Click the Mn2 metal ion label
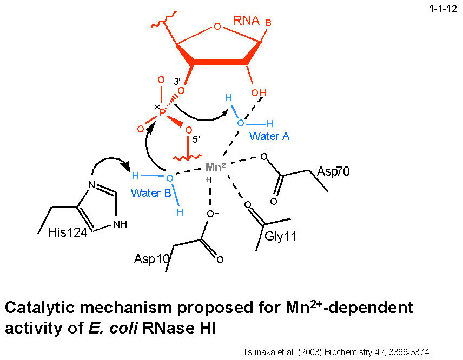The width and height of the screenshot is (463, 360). pos(215,168)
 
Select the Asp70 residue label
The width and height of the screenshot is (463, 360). pos(333,172)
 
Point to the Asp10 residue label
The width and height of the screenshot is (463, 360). pos(151,259)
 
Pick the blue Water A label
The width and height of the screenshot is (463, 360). pos(269,136)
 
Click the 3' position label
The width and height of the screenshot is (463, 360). pos(176,82)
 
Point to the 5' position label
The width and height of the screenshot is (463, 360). pos(196,139)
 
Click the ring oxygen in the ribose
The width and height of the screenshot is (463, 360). pos(217,26)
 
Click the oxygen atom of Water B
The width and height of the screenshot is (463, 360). pos(169,178)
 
